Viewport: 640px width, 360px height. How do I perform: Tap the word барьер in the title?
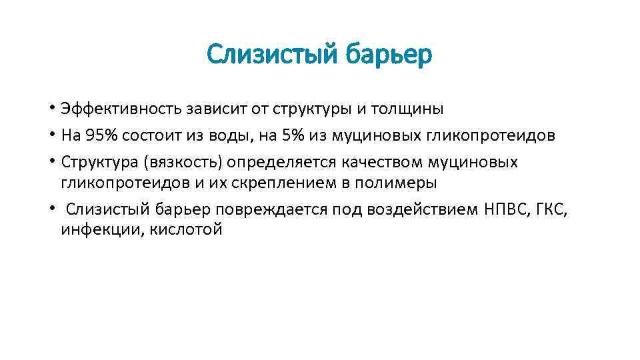tap(389, 55)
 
